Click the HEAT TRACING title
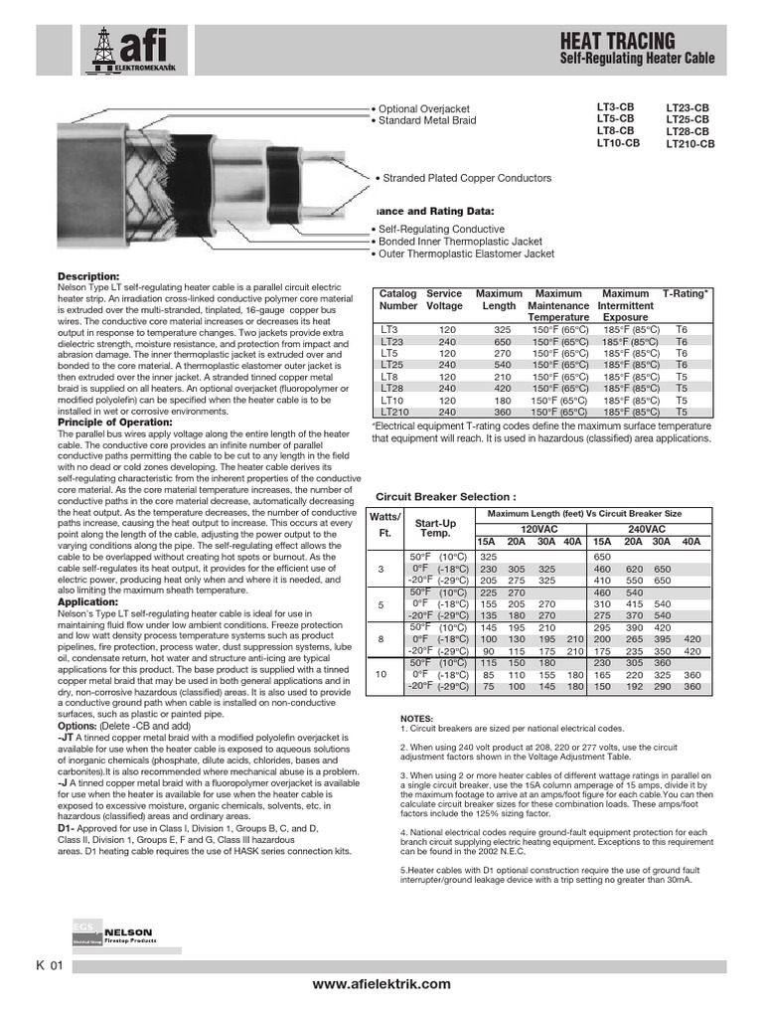pyautogui.click(x=618, y=41)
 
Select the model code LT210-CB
pyautogui.click(x=689, y=144)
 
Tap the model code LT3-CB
pyautogui.click(x=615, y=105)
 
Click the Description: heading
pyautogui.click(x=88, y=275)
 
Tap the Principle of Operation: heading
pyautogui.click(x=109, y=423)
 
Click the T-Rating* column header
pyautogui.click(x=687, y=294)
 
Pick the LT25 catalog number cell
pyautogui.click(x=390, y=364)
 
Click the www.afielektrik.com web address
pyautogui.click(x=381, y=983)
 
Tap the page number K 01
pyautogui.click(x=50, y=965)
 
